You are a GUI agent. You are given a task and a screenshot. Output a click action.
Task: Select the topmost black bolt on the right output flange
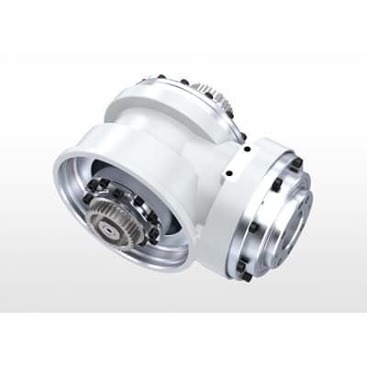tap(296, 163)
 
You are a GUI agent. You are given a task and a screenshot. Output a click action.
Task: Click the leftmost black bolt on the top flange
tap(161, 78)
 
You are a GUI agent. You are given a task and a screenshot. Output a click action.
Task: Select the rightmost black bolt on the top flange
tap(243, 138)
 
